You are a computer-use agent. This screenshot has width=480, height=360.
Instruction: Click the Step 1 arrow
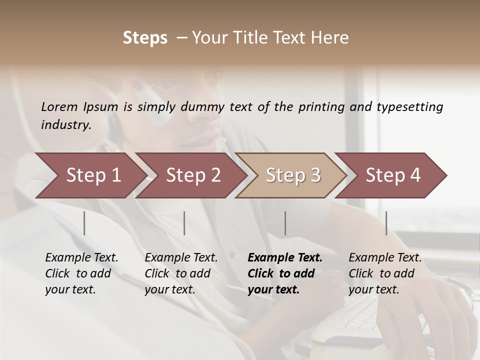tap(93, 175)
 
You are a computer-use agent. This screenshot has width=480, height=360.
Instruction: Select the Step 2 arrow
tap(193, 175)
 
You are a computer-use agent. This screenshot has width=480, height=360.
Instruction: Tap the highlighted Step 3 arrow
tap(293, 175)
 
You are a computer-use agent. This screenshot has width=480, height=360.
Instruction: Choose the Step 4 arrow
tap(393, 175)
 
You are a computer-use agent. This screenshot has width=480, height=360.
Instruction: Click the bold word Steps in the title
tap(145, 38)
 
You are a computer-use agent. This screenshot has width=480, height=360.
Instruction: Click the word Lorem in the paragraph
tap(59, 107)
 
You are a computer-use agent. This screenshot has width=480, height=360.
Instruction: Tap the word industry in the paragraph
tap(66, 125)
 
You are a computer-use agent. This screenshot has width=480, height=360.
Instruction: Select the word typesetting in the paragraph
tap(409, 107)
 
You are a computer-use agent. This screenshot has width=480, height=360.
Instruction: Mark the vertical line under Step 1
tap(84, 223)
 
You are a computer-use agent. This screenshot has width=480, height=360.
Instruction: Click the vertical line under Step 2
tap(184, 223)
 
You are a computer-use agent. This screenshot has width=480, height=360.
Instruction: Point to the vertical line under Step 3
tap(285, 223)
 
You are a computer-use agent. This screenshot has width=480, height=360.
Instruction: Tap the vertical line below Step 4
tap(386, 223)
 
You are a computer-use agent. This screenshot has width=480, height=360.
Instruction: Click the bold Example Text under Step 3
tap(285, 258)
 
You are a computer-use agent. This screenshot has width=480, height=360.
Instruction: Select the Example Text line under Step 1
tap(81, 258)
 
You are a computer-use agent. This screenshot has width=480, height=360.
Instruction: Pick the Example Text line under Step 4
tap(385, 258)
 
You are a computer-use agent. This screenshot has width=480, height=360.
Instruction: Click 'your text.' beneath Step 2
tap(170, 289)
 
